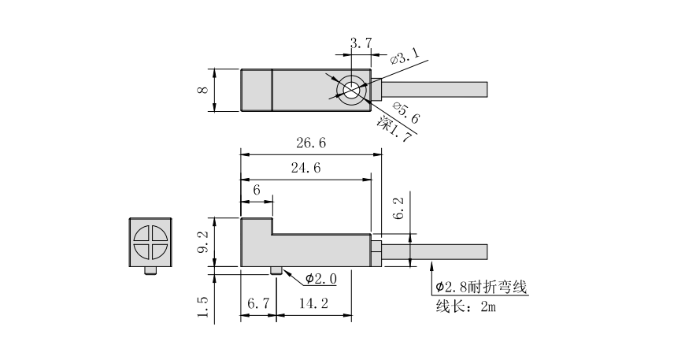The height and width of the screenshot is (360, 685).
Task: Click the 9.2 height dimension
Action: (204, 244)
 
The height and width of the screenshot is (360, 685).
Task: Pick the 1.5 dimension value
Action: (204, 308)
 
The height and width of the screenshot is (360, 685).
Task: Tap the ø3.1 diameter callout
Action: (405, 56)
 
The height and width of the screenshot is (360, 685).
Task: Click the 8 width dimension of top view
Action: (204, 91)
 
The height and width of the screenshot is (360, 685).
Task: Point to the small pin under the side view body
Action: (276, 271)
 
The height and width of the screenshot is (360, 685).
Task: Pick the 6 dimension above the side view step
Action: (257, 191)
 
